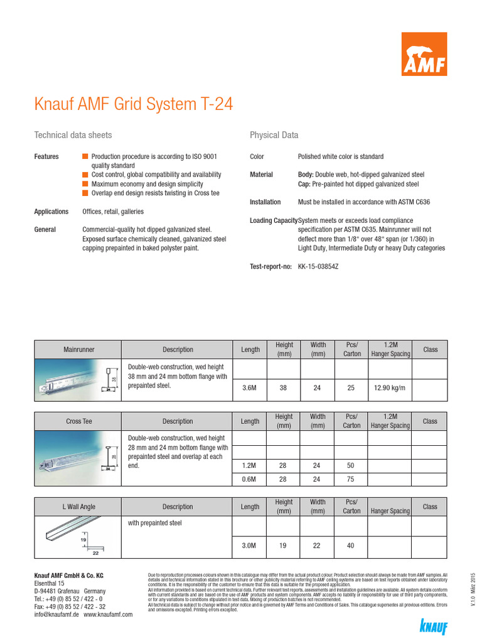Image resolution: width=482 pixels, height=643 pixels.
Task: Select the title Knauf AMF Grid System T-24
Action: (x=133, y=104)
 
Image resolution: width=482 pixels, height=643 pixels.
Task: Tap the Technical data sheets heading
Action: (x=73, y=135)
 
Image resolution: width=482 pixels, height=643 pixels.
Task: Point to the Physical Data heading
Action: (x=274, y=135)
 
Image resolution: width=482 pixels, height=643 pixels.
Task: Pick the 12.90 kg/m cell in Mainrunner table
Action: (x=389, y=388)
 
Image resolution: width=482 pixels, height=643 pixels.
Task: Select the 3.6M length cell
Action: (x=249, y=388)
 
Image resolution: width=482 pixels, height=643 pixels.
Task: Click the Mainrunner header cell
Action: (x=79, y=349)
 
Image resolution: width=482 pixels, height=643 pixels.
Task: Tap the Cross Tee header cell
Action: (x=79, y=421)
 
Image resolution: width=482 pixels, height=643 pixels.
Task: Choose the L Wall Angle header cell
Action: (x=79, y=507)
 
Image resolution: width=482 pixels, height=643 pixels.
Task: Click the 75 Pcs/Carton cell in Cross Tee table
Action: (x=351, y=479)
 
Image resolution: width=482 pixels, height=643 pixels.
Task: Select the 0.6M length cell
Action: (x=249, y=479)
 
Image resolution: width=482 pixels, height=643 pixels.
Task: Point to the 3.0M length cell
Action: (x=249, y=546)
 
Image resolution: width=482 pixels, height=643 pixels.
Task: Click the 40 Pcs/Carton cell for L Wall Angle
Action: (x=351, y=546)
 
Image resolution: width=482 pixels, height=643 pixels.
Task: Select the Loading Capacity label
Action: (x=273, y=220)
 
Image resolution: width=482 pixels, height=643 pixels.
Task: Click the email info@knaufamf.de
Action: (x=56, y=615)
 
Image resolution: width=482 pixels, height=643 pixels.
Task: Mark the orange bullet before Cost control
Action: (x=85, y=175)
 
